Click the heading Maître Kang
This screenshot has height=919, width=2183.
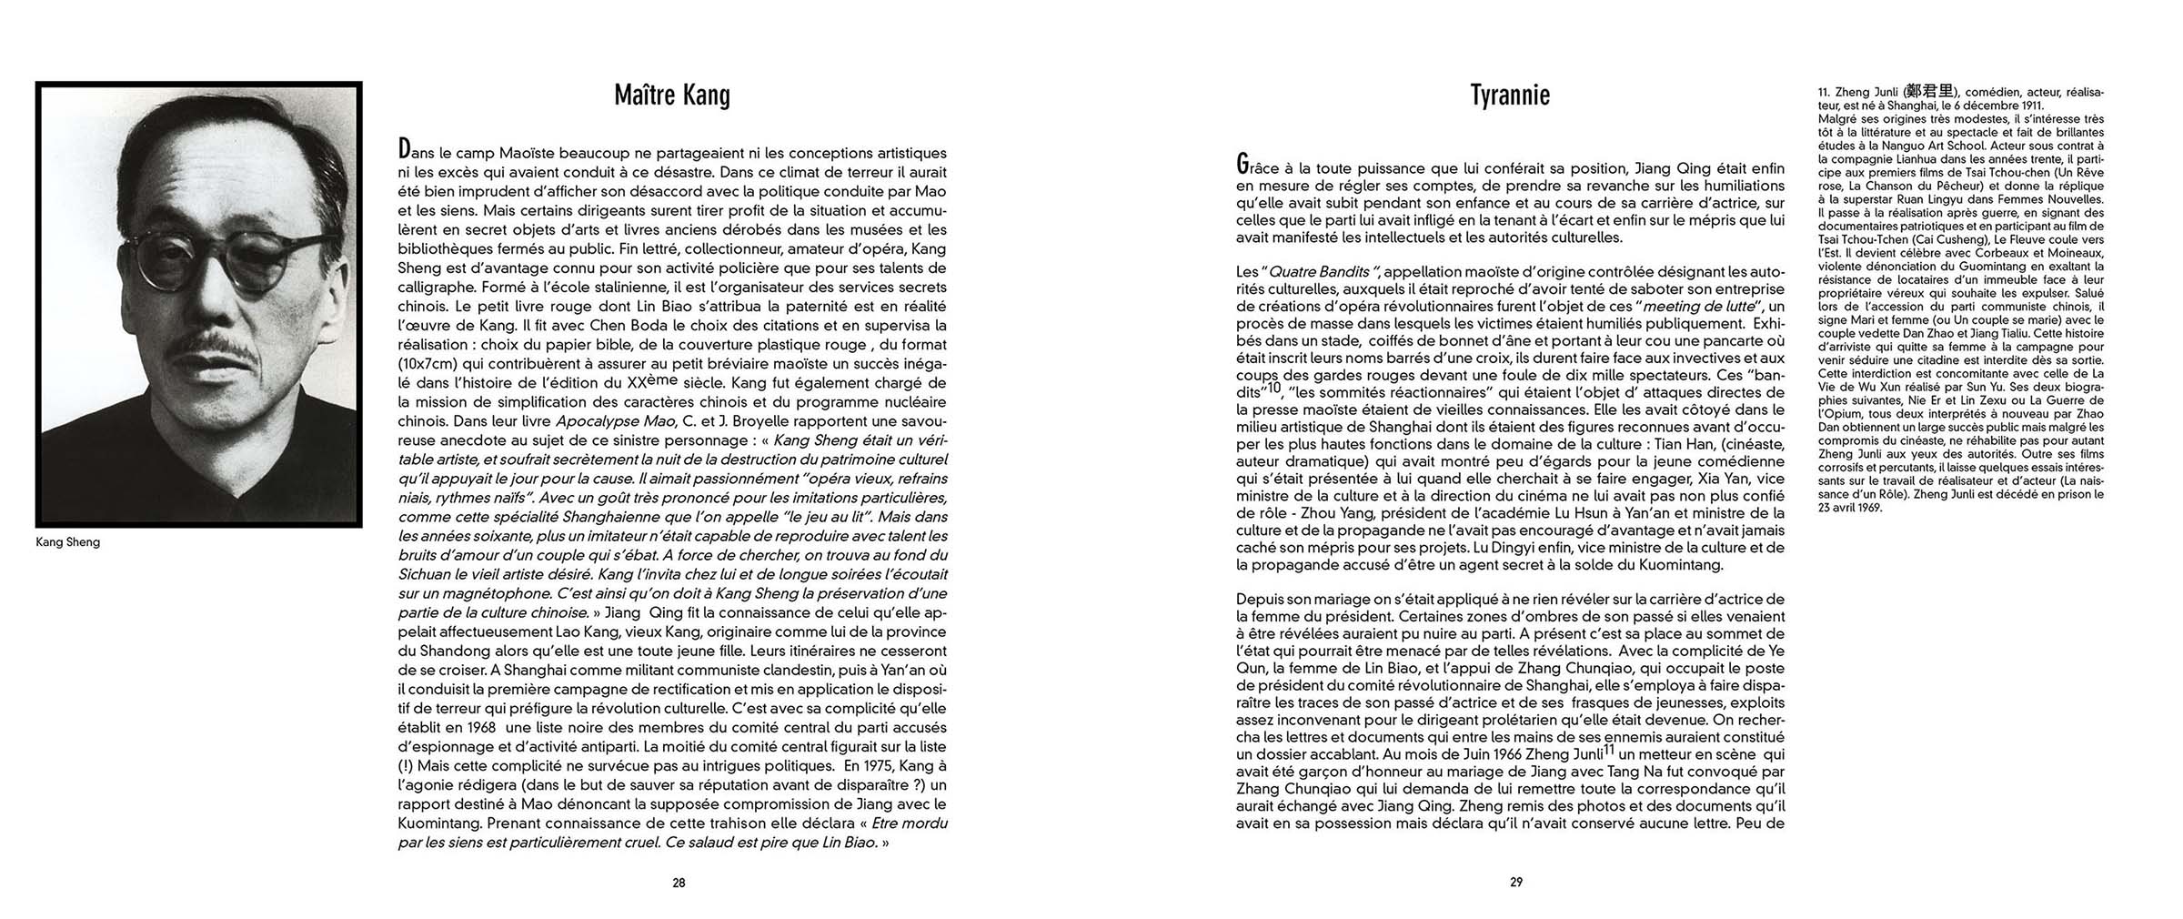coord(671,96)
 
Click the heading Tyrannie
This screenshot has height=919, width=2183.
coord(1509,96)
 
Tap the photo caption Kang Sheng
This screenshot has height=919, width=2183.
coord(67,542)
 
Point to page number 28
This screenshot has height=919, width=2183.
coord(679,883)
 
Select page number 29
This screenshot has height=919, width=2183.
coord(1516,883)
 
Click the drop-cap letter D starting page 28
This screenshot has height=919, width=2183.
coord(404,150)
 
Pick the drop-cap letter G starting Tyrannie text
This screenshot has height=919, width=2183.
coord(1242,165)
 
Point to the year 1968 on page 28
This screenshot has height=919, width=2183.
coord(478,728)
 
